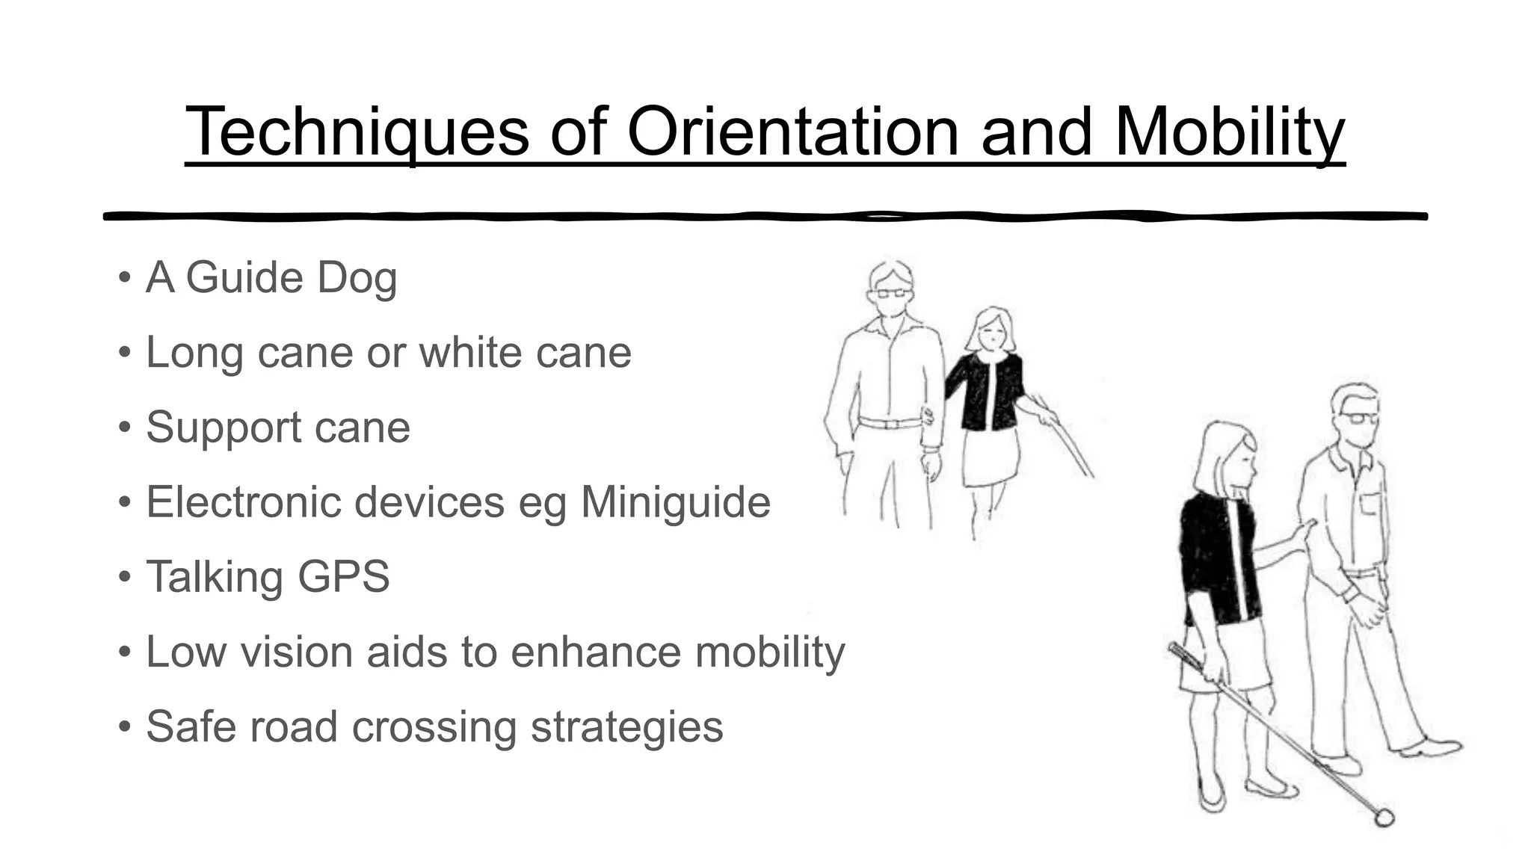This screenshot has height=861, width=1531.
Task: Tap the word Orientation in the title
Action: (793, 132)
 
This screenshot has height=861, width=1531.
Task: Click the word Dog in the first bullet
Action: (357, 278)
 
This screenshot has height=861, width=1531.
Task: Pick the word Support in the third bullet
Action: (223, 428)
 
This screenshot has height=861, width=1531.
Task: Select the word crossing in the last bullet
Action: (434, 726)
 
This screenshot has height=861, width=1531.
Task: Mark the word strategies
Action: (626, 726)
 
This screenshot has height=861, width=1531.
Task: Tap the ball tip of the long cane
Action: (1384, 818)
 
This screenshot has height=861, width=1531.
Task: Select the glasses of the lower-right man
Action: (1358, 418)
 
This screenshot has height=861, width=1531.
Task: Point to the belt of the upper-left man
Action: (890, 423)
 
